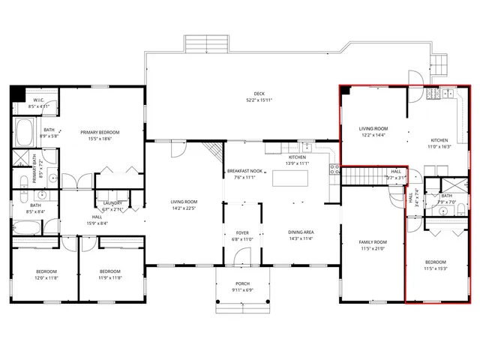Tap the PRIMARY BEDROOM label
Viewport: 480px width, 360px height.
100,132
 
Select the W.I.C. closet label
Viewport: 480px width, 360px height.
38,100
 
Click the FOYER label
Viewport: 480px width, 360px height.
242,233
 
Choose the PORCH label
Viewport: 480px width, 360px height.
242,283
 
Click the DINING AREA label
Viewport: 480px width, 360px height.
301,232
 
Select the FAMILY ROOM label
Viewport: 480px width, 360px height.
373,241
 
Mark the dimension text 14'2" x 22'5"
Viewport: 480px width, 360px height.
183,208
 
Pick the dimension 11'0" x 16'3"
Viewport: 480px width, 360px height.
439,147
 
